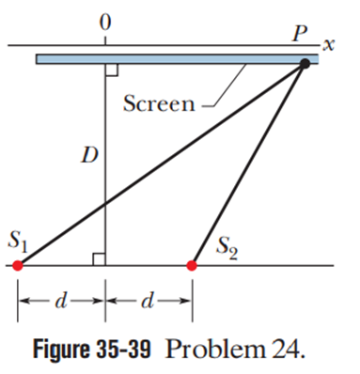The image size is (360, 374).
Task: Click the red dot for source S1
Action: (18, 266)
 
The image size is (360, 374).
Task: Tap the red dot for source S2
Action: (192, 266)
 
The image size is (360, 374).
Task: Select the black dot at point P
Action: (305, 64)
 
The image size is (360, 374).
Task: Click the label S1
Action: (18, 242)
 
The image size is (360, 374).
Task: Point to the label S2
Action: (227, 249)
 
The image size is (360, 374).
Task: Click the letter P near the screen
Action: (300, 34)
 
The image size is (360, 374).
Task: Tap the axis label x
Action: (328, 45)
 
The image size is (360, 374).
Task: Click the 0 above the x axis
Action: (105, 23)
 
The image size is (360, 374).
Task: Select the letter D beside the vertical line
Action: (89, 155)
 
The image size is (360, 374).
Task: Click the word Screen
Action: (159, 103)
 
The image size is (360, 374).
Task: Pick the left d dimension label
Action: (61, 301)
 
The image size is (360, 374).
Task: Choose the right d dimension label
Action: (148, 301)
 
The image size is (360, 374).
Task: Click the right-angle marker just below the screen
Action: (112, 70)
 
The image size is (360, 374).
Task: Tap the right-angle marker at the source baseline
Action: (99, 259)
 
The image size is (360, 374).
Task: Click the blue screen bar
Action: (177, 59)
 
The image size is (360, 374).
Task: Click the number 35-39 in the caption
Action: (123, 349)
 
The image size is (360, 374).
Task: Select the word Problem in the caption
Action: (215, 349)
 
